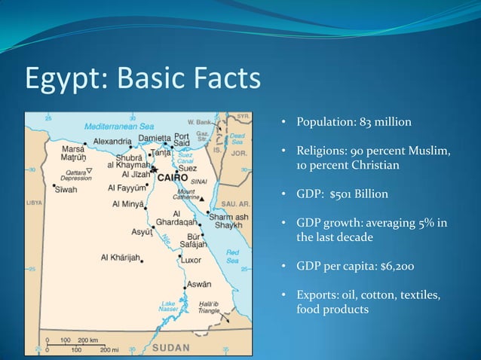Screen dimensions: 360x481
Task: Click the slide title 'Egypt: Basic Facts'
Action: [143, 78]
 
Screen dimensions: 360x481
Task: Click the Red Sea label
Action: [233, 255]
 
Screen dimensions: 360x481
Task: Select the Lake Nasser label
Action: [168, 308]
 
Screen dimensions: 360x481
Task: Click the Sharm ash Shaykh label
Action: [228, 219]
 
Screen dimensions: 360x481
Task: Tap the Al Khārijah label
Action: [120, 258]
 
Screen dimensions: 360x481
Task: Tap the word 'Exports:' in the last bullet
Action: [319, 294]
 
